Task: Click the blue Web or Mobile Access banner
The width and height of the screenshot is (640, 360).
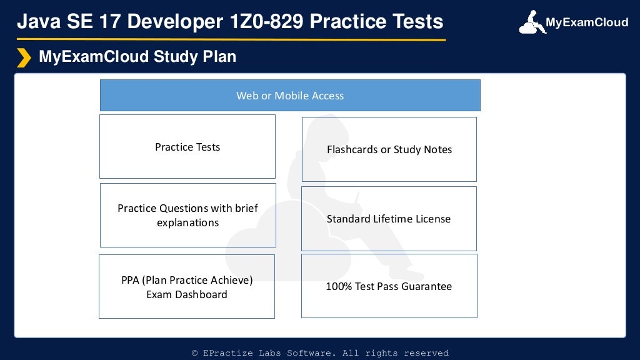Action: click(x=290, y=96)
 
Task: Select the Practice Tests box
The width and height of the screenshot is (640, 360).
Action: click(x=187, y=147)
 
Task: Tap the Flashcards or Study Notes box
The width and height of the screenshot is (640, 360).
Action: click(x=389, y=149)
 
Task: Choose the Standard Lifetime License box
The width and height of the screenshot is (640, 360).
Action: click(x=389, y=219)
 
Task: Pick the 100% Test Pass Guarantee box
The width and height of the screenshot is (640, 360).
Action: click(x=389, y=286)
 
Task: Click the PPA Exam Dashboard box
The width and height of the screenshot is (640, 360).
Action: click(x=187, y=287)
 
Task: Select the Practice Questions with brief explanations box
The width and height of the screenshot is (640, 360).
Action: click(x=187, y=215)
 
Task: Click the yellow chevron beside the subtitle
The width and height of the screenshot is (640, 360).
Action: click(x=24, y=57)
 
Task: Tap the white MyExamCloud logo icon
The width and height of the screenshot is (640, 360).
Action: click(x=531, y=22)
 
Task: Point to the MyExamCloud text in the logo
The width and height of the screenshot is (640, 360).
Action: click(x=587, y=23)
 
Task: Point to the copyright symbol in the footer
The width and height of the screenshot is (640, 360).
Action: click(x=195, y=353)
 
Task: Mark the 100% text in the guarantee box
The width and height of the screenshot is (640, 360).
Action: click(x=339, y=286)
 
